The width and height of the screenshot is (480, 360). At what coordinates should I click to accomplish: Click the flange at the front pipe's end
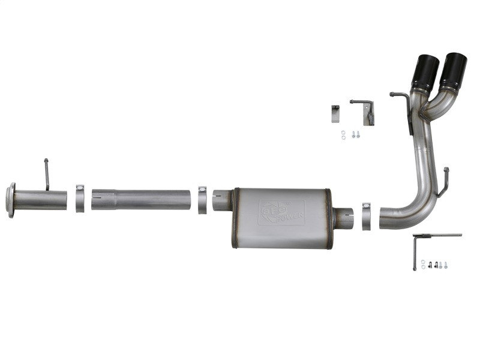pyautogui.click(x=10, y=200)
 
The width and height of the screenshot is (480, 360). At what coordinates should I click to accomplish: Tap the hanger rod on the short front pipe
pyautogui.click(x=46, y=174)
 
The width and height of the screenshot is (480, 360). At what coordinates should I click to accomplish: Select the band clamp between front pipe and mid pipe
pyautogui.click(x=80, y=199)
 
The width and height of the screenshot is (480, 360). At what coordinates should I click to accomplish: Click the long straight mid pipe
pyautogui.click(x=141, y=200)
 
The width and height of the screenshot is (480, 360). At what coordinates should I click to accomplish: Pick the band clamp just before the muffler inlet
pyautogui.click(x=203, y=199)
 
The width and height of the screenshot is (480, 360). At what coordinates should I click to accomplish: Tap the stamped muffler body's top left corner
pyautogui.click(x=235, y=191)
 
